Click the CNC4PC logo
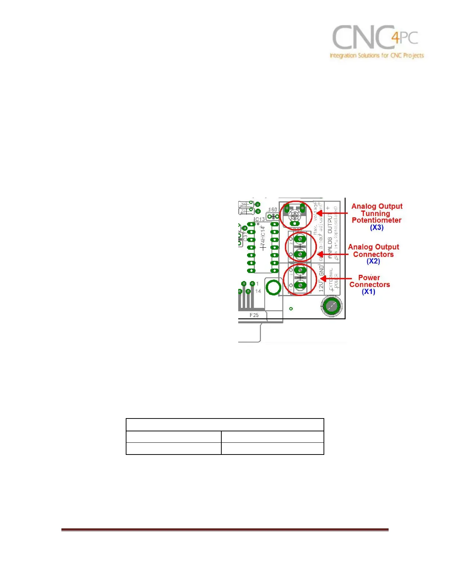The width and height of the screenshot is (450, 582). point(375,37)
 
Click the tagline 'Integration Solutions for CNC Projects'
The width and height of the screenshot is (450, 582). point(376,55)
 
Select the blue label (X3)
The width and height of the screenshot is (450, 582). point(376,227)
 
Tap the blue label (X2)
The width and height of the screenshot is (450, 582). point(373,261)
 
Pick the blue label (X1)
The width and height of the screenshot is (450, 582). point(368,292)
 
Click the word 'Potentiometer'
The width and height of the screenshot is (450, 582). point(376,220)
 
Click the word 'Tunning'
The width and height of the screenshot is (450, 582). point(375,213)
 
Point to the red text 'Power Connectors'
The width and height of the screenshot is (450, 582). point(369,281)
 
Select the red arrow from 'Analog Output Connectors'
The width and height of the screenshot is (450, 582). point(332,254)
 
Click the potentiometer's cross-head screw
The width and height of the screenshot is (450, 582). point(294,215)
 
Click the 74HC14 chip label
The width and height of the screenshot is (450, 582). point(262,237)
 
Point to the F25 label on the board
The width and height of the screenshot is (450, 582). point(254,315)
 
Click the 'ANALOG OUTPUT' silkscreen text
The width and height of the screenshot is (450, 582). point(330,237)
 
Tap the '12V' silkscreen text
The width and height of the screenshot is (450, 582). point(321,285)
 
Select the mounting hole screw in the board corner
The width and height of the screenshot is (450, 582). point(332,306)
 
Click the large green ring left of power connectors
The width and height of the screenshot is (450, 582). point(273,288)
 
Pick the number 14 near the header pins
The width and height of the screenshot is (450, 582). point(258,291)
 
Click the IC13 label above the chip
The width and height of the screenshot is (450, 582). point(260,219)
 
